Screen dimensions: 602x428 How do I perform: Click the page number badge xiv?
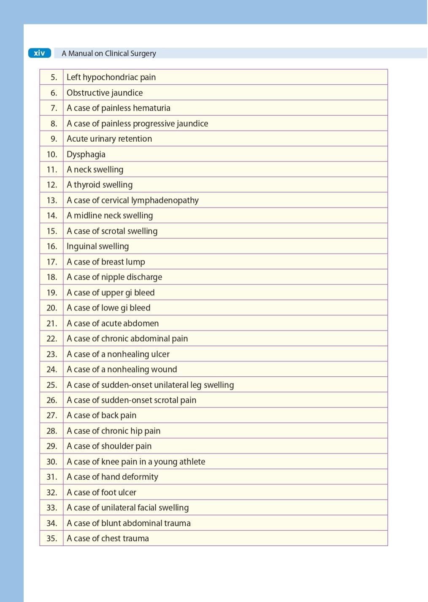(x=39, y=53)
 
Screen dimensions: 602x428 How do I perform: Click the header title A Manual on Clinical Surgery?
(x=109, y=54)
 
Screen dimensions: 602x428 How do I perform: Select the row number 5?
(x=54, y=78)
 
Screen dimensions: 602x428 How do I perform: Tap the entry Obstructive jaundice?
(x=105, y=93)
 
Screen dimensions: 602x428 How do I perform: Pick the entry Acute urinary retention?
(x=109, y=139)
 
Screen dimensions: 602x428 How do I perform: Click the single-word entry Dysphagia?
(x=86, y=154)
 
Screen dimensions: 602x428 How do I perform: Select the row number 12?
(x=52, y=185)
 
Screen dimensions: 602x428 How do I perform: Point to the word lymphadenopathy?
(x=165, y=200)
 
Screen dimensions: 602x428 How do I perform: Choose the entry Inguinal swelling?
(x=98, y=246)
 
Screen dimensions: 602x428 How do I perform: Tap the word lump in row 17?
(x=135, y=262)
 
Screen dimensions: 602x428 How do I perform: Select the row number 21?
(x=52, y=324)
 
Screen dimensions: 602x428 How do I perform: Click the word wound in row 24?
(x=164, y=370)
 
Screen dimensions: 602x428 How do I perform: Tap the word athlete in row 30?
(x=191, y=462)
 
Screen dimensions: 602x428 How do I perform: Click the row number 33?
(x=52, y=508)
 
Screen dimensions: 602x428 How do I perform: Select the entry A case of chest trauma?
(x=108, y=539)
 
